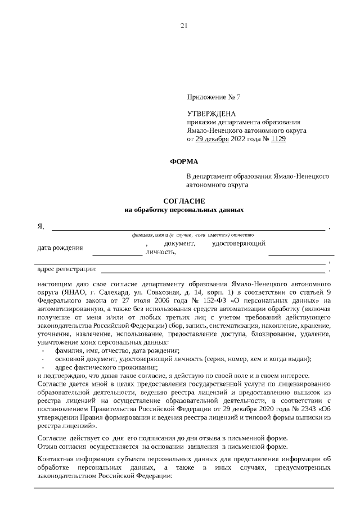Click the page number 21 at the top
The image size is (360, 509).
tap(183, 25)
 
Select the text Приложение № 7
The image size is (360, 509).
tap(213, 97)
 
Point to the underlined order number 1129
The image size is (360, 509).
tap(277, 138)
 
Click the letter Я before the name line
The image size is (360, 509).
tap(40, 226)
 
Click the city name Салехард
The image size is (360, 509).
tap(116, 293)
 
